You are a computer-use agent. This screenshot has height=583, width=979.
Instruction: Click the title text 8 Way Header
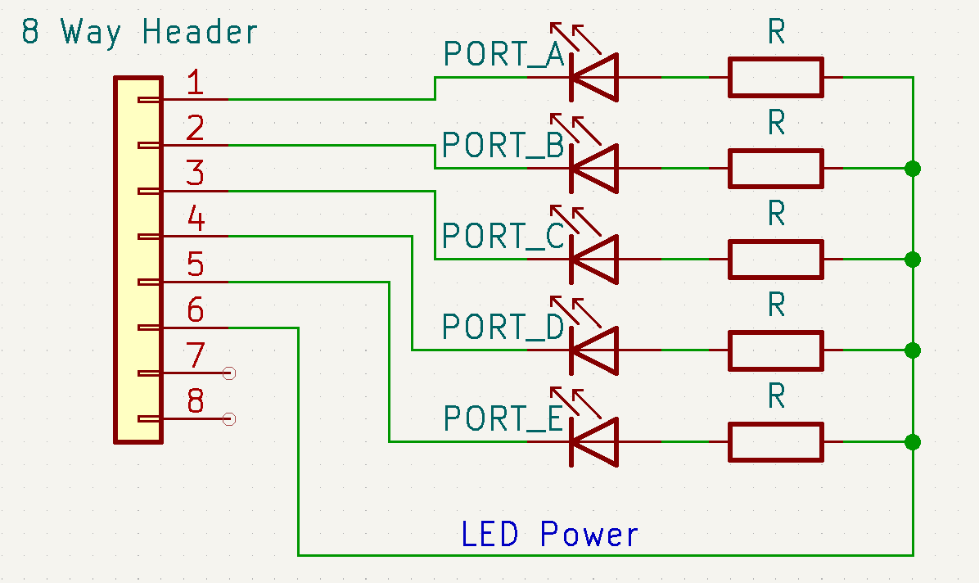click(x=139, y=33)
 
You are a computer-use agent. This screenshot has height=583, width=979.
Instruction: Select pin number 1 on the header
click(x=195, y=84)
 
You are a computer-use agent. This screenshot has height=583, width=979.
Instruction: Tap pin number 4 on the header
click(x=196, y=219)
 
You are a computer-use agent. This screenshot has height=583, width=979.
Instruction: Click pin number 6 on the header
click(x=196, y=311)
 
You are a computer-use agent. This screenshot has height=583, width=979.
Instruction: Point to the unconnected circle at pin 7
click(x=229, y=373)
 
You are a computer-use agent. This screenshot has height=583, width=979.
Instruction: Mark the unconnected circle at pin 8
click(x=229, y=419)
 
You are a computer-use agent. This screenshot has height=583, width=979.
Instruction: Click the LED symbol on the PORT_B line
click(x=593, y=168)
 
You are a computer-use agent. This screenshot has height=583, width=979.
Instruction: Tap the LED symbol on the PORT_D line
click(x=593, y=350)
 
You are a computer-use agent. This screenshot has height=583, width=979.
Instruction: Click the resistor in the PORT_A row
click(x=775, y=77)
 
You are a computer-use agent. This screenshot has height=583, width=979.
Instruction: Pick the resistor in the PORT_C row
click(x=775, y=260)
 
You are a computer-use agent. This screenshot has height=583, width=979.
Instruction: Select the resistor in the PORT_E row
click(x=775, y=442)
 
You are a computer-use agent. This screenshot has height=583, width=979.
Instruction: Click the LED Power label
click(x=549, y=535)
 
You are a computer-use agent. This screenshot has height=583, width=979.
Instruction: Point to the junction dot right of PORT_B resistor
click(x=913, y=169)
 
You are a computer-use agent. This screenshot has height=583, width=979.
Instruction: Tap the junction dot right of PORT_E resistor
click(x=913, y=442)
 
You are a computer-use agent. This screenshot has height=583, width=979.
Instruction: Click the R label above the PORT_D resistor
click(x=776, y=305)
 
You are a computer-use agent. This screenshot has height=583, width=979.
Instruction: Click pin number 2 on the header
click(x=195, y=129)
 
